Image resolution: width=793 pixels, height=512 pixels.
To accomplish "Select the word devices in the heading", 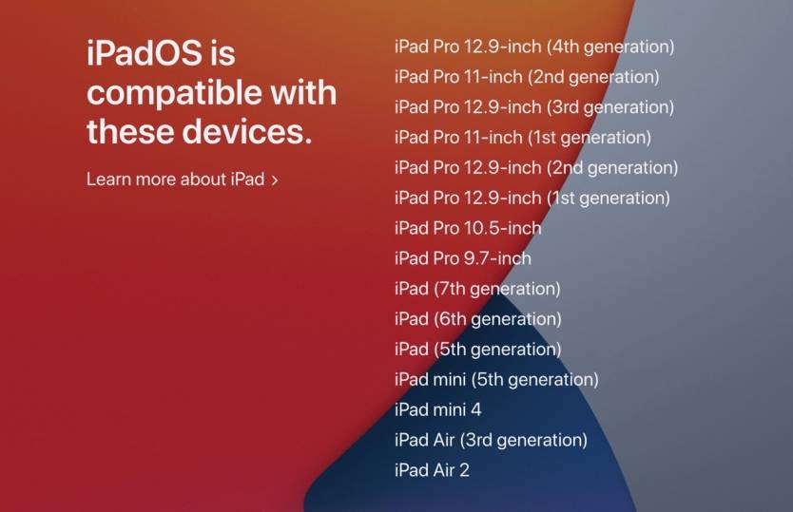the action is tap(247, 131).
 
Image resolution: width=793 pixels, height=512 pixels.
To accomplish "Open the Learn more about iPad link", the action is tap(182, 179).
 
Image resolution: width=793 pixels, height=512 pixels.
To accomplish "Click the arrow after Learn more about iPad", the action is tap(275, 180).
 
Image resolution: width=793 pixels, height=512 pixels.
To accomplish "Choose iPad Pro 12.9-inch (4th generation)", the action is tap(534, 47).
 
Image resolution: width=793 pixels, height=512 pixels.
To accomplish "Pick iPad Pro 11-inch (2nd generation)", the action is tap(527, 77).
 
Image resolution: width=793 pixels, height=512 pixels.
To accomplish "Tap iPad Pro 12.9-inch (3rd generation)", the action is tap(534, 107).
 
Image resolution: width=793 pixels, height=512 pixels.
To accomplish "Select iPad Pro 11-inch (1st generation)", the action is tap(522, 138).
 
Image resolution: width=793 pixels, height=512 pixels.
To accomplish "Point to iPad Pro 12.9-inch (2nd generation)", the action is tap(536, 168).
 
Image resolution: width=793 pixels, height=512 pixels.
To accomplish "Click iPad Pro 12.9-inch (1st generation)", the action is tap(532, 199).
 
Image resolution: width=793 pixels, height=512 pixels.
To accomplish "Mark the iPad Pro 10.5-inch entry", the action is tap(468, 228).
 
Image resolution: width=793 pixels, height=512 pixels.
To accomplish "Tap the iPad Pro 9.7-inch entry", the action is tap(463, 258).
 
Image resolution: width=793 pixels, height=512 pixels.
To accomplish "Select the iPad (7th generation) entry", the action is tap(477, 289).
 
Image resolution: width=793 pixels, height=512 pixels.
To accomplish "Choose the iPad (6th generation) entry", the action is tap(478, 319).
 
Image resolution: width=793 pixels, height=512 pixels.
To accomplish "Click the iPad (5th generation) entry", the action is tap(478, 350).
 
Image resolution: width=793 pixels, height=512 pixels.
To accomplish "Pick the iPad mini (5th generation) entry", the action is tap(496, 380).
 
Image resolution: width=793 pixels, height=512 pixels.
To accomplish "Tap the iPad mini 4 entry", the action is tap(438, 409).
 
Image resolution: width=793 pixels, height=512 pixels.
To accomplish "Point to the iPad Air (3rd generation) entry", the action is tap(491, 440).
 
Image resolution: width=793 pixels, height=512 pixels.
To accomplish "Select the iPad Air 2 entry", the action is tap(432, 470).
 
